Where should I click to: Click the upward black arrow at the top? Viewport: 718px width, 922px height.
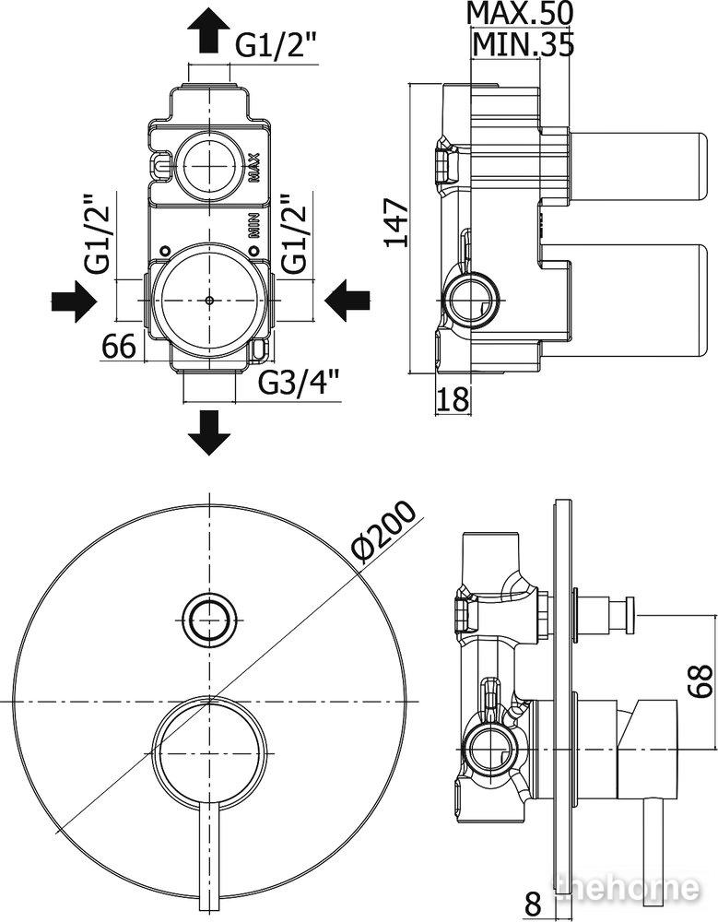coord(208,32)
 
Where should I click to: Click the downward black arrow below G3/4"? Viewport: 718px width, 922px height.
coord(208,432)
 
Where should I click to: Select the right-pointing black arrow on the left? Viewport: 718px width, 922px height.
coord(74,301)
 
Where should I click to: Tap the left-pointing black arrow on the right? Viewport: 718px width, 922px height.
coord(347,300)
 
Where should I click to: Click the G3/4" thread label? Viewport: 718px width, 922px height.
coord(300,384)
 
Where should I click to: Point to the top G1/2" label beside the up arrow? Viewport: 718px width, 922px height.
coord(277,44)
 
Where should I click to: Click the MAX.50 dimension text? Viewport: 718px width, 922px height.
coord(519,13)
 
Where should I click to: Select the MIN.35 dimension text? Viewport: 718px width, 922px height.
coord(523,44)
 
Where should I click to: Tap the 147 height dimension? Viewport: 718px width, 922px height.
coord(396,223)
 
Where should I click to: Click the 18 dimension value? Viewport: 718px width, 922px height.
coord(454,399)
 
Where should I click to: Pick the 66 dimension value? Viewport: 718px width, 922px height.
coord(120,346)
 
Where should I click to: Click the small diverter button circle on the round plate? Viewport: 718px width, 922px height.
coord(208,620)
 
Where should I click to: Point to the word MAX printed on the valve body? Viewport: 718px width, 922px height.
coord(254,168)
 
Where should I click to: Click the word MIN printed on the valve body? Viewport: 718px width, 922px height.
coord(254,225)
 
